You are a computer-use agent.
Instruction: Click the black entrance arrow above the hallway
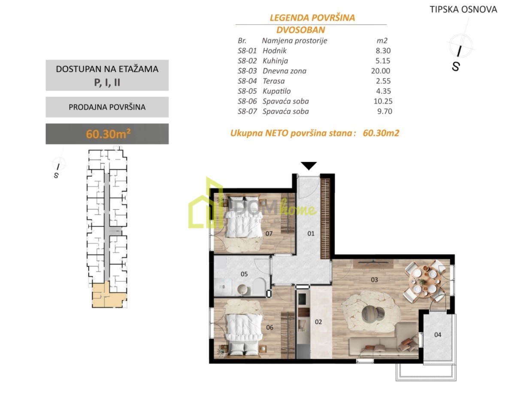(309, 166)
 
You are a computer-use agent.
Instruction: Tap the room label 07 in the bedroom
(269, 233)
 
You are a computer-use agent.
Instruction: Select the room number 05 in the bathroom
(244, 274)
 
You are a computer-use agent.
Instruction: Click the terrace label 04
(438, 335)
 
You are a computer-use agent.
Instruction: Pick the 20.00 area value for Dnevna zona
(381, 71)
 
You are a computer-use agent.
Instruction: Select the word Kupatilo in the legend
(276, 91)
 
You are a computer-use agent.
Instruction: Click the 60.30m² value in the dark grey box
(108, 134)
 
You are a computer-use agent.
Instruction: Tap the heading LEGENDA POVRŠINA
(312, 18)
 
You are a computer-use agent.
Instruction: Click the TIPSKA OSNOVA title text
(464, 9)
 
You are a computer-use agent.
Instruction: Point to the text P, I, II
(107, 83)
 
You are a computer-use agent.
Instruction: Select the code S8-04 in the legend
(247, 81)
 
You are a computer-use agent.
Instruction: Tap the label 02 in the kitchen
(318, 322)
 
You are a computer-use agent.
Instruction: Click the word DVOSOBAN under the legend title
(301, 30)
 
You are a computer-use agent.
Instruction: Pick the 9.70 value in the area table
(385, 111)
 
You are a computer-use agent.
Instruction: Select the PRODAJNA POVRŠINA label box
(107, 107)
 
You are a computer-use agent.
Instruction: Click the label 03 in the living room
(374, 279)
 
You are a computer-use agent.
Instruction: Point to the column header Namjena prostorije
(294, 41)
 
